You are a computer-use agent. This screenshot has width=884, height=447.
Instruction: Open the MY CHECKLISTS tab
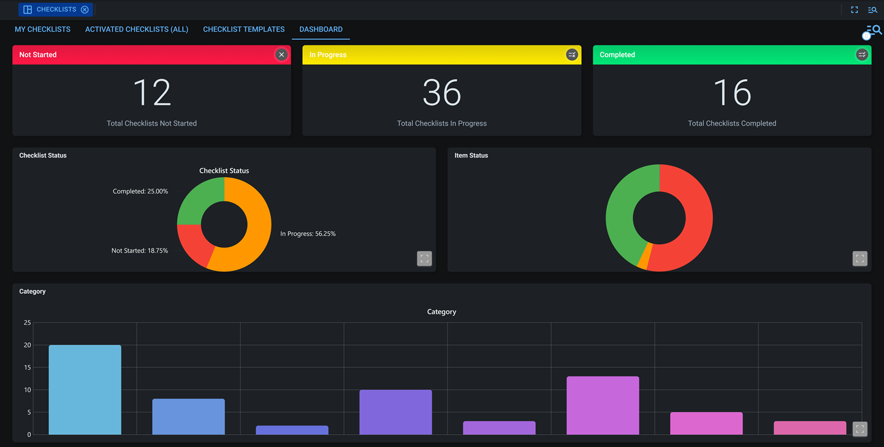[x=42, y=29]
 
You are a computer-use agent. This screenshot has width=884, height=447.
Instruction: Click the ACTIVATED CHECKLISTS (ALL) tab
[x=137, y=29]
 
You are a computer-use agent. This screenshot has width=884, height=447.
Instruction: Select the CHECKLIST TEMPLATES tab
[x=243, y=29]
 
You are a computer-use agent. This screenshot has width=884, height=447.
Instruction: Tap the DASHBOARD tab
[x=321, y=29]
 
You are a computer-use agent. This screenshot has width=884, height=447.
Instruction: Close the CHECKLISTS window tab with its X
[x=85, y=10]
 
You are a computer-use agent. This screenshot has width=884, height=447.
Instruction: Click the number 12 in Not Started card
[x=151, y=93]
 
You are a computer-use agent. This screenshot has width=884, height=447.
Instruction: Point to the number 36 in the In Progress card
[x=441, y=93]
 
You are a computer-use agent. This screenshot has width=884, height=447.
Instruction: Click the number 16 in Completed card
[x=732, y=93]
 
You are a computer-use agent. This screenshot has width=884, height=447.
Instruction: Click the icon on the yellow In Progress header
[x=571, y=55]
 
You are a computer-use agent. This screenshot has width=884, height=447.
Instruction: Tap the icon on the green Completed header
[x=861, y=55]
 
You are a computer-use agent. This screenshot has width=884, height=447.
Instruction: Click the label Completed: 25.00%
[x=140, y=191]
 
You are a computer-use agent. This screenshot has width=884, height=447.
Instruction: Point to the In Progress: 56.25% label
[x=308, y=234]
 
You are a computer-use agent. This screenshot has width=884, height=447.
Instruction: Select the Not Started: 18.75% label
[x=139, y=251]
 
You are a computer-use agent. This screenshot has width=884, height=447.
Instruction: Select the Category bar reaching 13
[x=603, y=405]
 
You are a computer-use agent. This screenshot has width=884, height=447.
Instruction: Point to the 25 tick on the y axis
[x=27, y=323]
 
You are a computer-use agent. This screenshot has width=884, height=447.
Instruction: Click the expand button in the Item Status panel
[x=859, y=259]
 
